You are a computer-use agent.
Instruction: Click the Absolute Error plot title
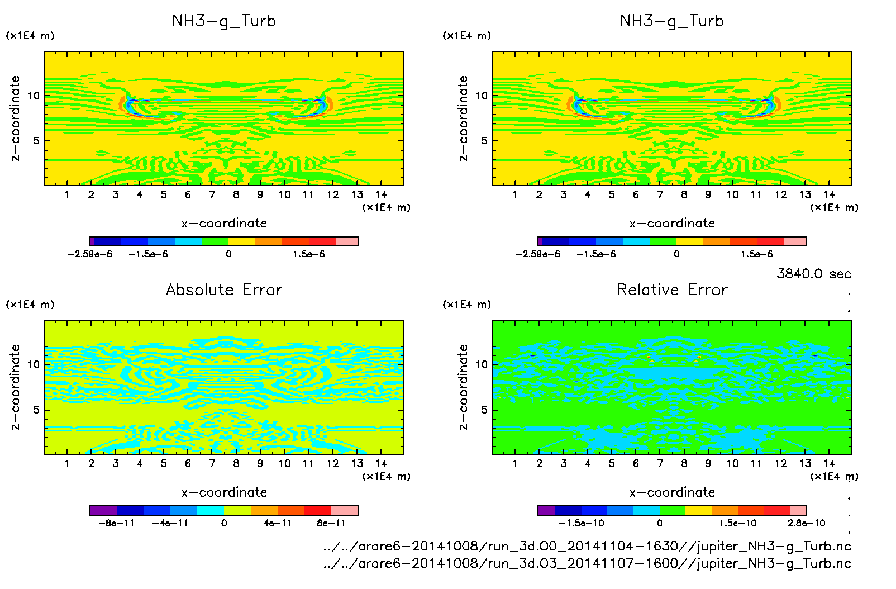(224, 289)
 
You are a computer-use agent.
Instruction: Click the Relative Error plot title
(672, 289)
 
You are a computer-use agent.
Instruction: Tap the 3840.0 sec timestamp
(813, 274)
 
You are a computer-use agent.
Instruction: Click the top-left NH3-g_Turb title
(224, 21)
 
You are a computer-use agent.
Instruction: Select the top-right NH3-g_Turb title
(672, 21)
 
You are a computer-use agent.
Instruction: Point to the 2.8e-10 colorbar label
(806, 523)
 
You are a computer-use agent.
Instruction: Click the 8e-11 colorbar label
(331, 523)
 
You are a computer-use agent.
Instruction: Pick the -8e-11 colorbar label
(116, 523)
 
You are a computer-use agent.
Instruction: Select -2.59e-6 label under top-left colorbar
(90, 254)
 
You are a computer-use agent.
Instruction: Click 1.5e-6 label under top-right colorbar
(757, 254)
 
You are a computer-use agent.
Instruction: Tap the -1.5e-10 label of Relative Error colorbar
(582, 523)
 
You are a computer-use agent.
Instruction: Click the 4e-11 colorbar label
(278, 523)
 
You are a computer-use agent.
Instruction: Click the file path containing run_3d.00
(587, 546)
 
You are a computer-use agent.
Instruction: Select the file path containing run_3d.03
(587, 563)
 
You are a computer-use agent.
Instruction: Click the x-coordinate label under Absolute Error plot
(224, 492)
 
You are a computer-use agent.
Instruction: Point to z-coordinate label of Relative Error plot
(463, 387)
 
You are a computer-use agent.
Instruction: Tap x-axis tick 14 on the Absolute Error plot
(381, 463)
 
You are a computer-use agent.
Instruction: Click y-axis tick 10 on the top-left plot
(34, 96)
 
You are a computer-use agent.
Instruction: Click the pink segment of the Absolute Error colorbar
(345, 510)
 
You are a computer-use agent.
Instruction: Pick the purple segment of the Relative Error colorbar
(546, 510)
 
